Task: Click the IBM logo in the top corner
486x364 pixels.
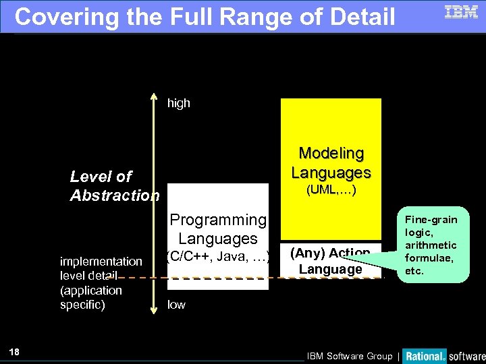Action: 461,11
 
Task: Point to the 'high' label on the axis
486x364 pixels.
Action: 179,103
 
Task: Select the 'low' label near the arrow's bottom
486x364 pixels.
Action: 176,305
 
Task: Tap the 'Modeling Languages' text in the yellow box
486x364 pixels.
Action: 331,163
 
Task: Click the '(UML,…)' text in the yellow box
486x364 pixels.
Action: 331,191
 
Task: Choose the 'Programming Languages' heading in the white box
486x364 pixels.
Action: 218,229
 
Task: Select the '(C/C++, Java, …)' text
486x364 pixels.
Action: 218,255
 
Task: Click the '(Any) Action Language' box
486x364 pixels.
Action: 331,261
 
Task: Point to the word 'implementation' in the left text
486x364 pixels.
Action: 101,261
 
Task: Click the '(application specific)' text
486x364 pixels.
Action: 91,297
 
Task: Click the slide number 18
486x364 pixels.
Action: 15,352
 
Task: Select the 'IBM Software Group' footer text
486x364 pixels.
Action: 349,356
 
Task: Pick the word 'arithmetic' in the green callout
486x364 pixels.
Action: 431,245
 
